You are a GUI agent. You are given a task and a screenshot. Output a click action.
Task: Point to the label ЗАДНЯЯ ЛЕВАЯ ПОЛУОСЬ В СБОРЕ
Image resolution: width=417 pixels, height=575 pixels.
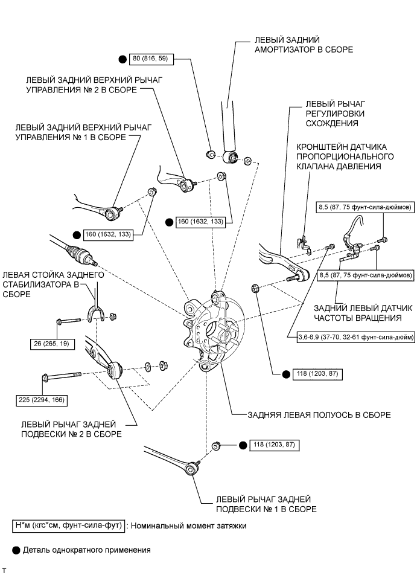pyautogui.click(x=311, y=416)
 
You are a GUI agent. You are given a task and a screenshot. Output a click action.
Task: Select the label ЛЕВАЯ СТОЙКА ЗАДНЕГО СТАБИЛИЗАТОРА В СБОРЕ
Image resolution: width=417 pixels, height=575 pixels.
pyautogui.click(x=53, y=284)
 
